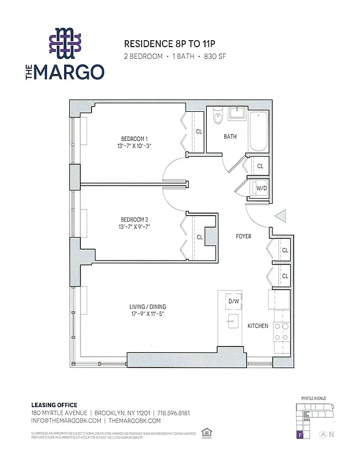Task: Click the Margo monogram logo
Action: pos(65,44)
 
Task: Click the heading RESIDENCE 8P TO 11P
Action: pos(165,44)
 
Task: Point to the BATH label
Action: pos(230,137)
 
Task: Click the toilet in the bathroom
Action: pos(217,117)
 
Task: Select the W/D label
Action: pos(262,188)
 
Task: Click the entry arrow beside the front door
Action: pos(280,217)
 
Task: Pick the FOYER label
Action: pos(243,237)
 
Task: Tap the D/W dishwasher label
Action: pos(234,301)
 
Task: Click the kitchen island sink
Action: pos(234,320)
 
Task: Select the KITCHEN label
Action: pos(257,326)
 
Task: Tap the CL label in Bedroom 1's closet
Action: pos(199,132)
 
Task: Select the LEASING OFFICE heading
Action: pos(54,405)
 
